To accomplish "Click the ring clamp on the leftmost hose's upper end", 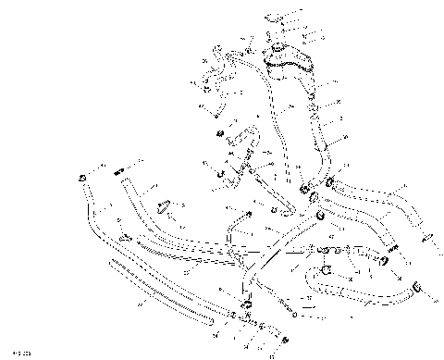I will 82,178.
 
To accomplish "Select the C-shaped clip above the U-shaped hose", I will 327,271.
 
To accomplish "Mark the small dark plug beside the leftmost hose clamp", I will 117,172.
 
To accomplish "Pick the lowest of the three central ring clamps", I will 321,217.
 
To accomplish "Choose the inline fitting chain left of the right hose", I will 342,250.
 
